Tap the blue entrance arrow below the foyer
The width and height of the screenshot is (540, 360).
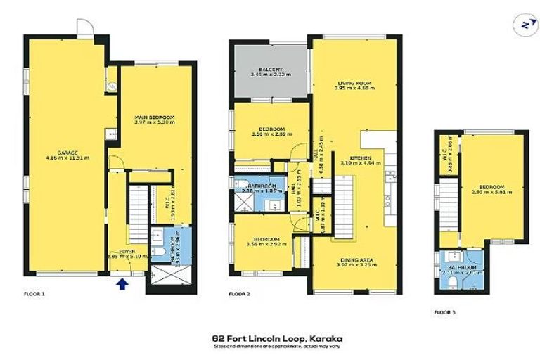(123, 283)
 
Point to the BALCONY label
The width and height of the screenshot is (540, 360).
(270, 70)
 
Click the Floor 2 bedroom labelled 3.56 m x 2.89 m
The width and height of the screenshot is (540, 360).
(271, 131)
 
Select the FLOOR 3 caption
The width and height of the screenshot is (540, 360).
(446, 311)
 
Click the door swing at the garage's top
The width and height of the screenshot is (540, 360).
(84, 27)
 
